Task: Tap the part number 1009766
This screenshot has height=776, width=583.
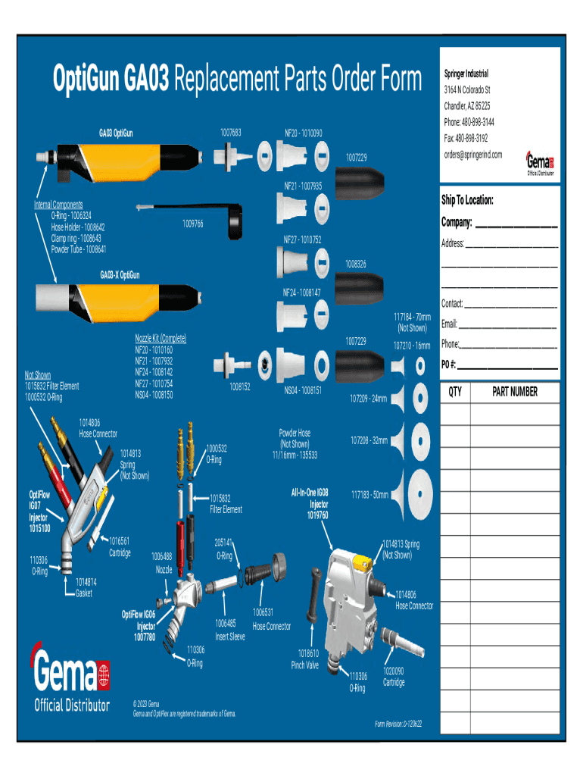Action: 192,224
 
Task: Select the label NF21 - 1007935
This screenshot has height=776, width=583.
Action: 303,186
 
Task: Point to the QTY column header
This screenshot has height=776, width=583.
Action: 455,392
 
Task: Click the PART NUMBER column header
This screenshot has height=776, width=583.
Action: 515,392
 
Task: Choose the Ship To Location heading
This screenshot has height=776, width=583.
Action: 468,201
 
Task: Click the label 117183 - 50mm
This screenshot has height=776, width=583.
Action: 369,495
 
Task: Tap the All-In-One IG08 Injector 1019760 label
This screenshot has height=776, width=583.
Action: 310,504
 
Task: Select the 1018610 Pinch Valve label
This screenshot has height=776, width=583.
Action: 305,659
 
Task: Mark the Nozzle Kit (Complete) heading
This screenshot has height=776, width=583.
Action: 161,338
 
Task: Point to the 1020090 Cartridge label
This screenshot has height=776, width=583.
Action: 394,677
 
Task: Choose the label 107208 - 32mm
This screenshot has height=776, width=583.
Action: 369,440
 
